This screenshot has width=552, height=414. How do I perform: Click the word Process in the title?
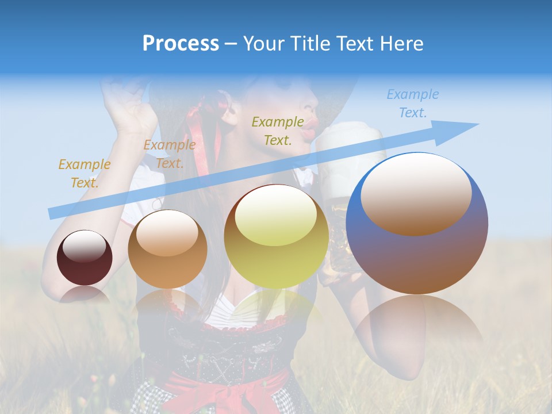(x=181, y=43)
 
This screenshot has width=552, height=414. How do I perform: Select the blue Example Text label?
(x=412, y=103)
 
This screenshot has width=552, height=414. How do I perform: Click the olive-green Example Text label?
(x=278, y=131)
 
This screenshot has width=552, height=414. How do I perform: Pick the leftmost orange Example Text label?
(x=84, y=173)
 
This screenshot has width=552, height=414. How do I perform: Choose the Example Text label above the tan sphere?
(x=169, y=154)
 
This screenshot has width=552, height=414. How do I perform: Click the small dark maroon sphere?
(x=85, y=258)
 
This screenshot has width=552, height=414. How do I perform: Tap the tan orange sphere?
(x=167, y=249)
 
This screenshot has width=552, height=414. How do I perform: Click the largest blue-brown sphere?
(x=417, y=224)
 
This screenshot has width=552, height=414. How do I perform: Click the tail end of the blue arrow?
(x=52, y=213)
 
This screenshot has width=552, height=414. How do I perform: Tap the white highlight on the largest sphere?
(x=416, y=193)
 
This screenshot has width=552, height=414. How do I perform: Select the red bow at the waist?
(x=230, y=391)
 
